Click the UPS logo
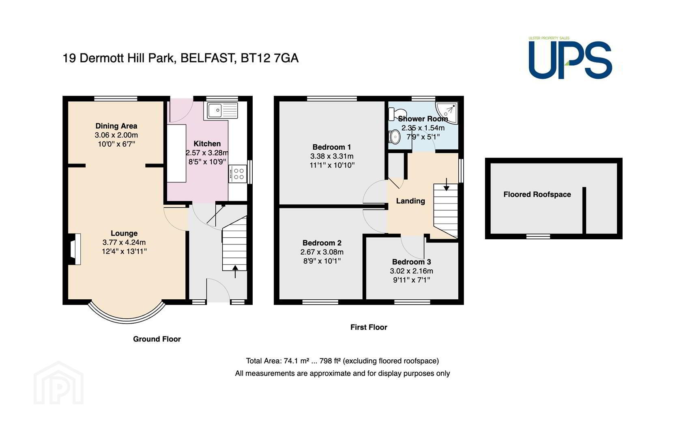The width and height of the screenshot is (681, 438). click(x=570, y=58)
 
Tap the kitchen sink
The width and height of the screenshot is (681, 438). click(x=223, y=110)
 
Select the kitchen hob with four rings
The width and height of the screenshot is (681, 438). click(x=237, y=174)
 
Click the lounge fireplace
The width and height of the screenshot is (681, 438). click(x=75, y=249)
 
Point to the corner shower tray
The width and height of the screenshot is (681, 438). click(x=446, y=112)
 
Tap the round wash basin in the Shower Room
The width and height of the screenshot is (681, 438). click(x=395, y=137)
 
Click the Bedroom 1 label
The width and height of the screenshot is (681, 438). click(x=332, y=147)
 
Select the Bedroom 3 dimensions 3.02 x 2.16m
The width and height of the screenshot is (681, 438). click(x=412, y=271)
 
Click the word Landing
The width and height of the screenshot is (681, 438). click(x=410, y=201)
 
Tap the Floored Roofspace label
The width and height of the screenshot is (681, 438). click(x=537, y=195)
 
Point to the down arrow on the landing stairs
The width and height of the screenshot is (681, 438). click(x=446, y=184)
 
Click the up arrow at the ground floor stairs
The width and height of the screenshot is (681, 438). click(x=235, y=272)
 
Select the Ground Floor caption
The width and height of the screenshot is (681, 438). click(x=157, y=339)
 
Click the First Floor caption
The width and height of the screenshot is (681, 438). click(x=369, y=327)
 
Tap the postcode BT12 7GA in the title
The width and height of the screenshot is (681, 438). click(x=269, y=58)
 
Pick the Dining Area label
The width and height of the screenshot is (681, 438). click(x=116, y=126)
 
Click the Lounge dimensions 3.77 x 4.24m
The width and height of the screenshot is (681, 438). click(x=124, y=242)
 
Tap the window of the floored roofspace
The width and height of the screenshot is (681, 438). click(x=538, y=236)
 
